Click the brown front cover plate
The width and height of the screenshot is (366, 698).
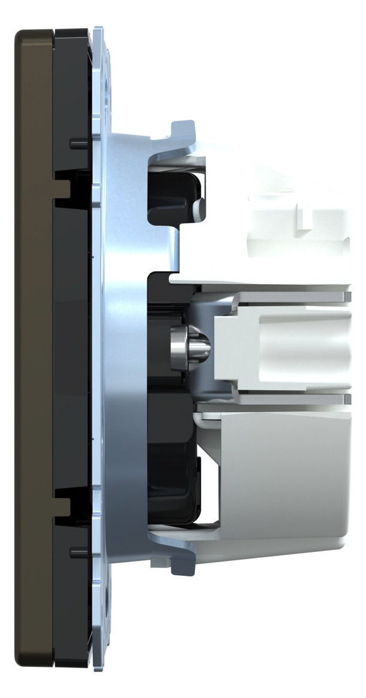pyautogui.click(x=32, y=347)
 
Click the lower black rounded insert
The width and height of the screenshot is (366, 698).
pyautogui.click(x=174, y=479)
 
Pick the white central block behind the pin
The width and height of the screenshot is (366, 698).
pyautogui.click(x=282, y=347)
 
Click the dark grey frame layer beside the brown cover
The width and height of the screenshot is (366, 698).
pyautogui.click(x=72, y=347)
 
